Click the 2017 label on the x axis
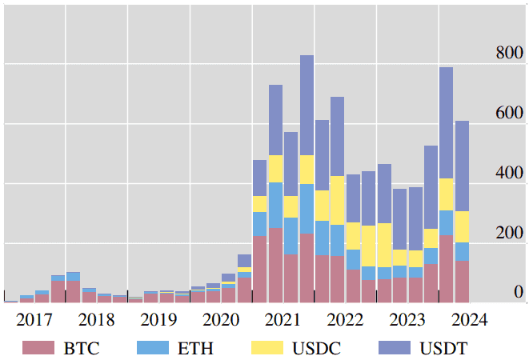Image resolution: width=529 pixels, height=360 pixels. [34, 321]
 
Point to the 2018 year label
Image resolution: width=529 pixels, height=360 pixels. [97, 321]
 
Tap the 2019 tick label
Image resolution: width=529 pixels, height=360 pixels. [158, 321]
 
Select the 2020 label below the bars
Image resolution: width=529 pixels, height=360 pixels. [221, 321]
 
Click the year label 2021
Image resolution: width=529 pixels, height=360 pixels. [283, 321]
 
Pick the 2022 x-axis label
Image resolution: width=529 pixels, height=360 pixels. [345, 321]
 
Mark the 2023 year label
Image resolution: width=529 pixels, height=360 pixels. [407, 321]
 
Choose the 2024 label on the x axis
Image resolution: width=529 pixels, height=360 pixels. [469, 321]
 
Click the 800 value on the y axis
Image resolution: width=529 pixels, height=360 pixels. [509, 54]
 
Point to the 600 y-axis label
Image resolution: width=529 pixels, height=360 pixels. [509, 114]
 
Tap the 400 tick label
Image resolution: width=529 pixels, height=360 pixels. [509, 174]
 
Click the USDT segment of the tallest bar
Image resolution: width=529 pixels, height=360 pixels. [307, 105]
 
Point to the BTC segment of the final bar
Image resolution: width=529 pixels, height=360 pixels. [462, 281]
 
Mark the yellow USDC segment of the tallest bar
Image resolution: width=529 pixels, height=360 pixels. [307, 170]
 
